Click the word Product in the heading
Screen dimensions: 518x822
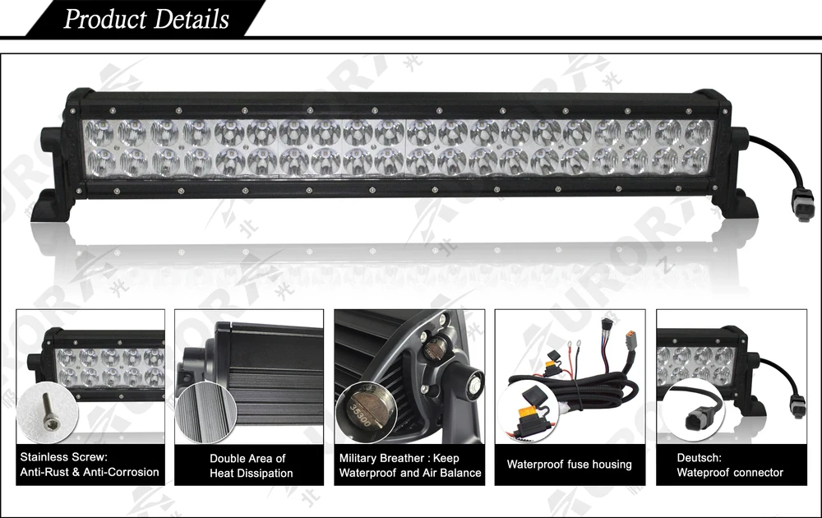(x=104, y=19)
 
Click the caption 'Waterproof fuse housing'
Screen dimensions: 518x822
(x=569, y=465)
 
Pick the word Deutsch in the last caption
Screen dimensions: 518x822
(x=699, y=457)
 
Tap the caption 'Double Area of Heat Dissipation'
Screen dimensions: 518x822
(x=251, y=465)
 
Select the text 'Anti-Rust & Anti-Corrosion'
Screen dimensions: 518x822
(x=90, y=472)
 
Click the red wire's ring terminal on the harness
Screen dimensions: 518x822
(x=570, y=344)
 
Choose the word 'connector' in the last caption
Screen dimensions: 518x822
(x=755, y=472)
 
